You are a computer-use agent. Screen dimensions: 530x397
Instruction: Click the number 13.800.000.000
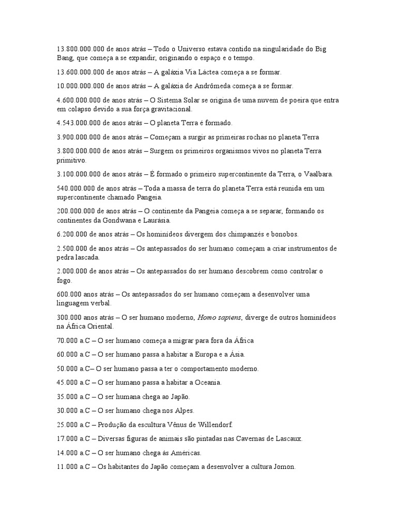[x=80, y=49]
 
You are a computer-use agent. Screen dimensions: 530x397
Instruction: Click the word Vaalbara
[x=322, y=174]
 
